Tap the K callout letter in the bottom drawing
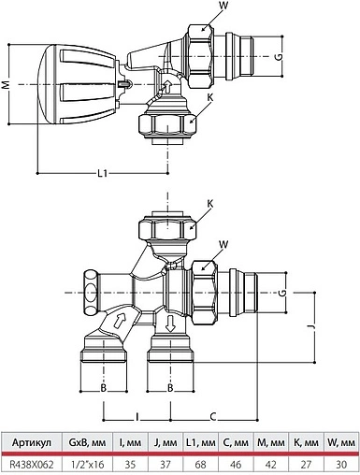(209, 204)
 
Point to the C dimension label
(215, 414)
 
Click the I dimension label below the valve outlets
(137, 414)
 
